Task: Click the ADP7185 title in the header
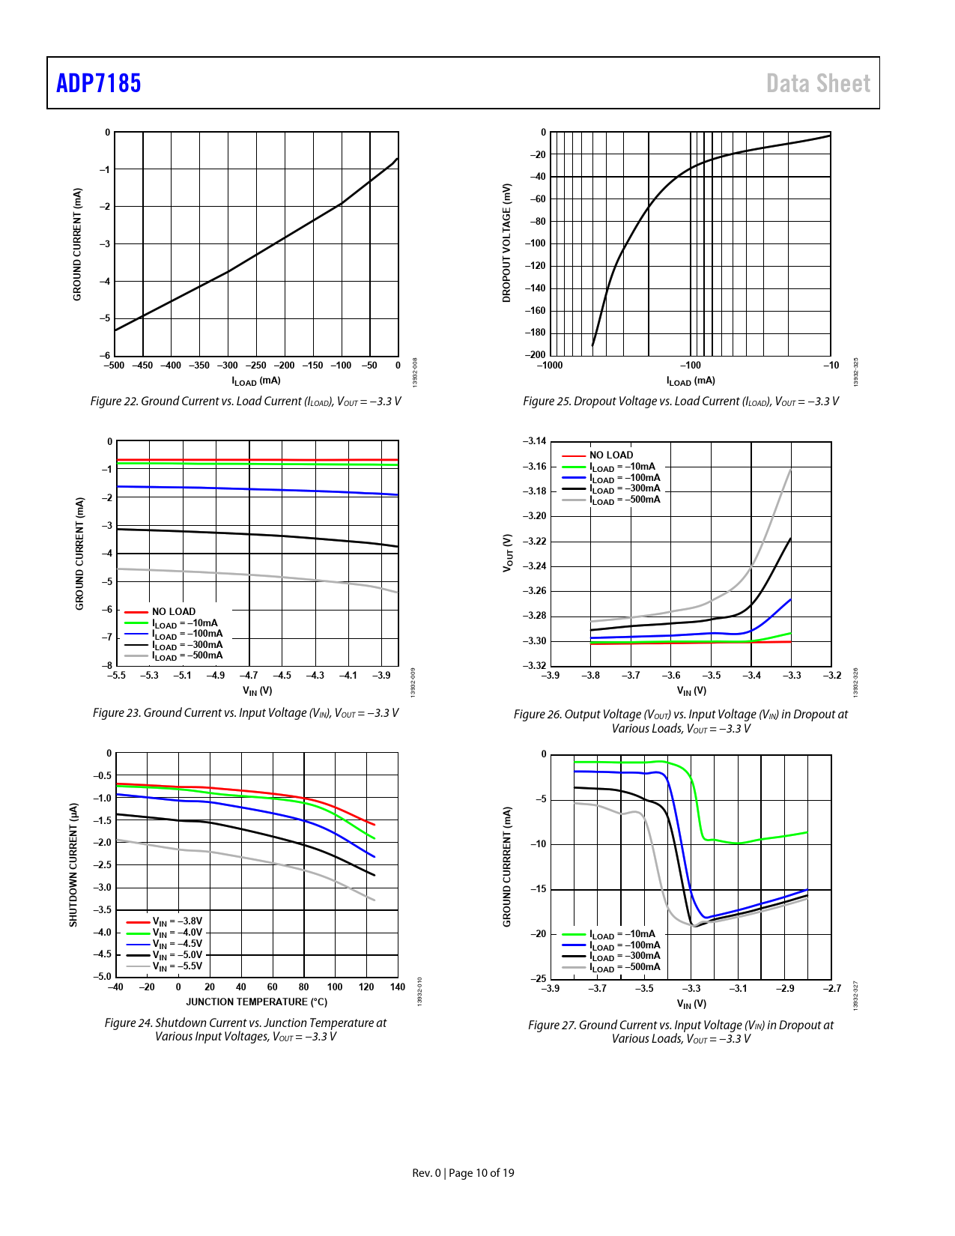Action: pyautogui.click(x=99, y=83)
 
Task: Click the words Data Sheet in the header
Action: pyautogui.click(x=818, y=83)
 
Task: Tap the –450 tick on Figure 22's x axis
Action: pyautogui.click(x=142, y=366)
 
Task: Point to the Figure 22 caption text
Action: pyautogui.click(x=246, y=402)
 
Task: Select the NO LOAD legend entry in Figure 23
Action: pyautogui.click(x=173, y=612)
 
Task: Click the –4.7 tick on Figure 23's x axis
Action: pyautogui.click(x=249, y=676)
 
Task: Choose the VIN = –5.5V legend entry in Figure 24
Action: pyautogui.click(x=177, y=966)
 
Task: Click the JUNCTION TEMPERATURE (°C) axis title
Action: pyautogui.click(x=256, y=1002)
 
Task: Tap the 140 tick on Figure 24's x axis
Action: pyautogui.click(x=398, y=987)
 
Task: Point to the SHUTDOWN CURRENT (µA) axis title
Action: pyautogui.click(x=73, y=864)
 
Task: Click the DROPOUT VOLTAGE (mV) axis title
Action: pyautogui.click(x=506, y=243)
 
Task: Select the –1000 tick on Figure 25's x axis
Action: pyautogui.click(x=550, y=366)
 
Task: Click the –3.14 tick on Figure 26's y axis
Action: pyautogui.click(x=535, y=441)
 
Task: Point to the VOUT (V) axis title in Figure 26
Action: pyautogui.click(x=507, y=554)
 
